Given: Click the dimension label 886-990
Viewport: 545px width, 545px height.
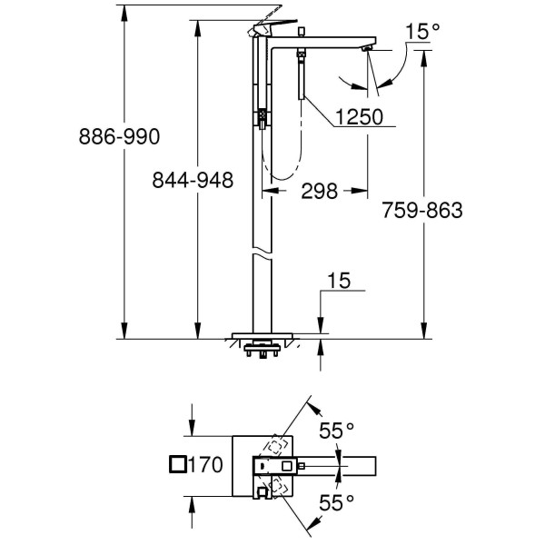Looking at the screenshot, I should pyautogui.click(x=120, y=136).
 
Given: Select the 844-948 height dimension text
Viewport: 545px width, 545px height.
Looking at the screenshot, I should pyautogui.click(x=193, y=181).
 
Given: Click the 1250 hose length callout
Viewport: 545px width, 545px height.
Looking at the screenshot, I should pyautogui.click(x=352, y=118).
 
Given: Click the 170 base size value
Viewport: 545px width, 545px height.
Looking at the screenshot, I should pyautogui.click(x=207, y=465).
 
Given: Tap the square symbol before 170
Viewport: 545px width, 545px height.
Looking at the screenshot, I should pyautogui.click(x=179, y=465).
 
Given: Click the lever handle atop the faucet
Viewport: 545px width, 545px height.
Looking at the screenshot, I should pyautogui.click(x=272, y=25).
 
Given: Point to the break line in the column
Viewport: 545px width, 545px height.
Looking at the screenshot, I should pyautogui.click(x=262, y=252).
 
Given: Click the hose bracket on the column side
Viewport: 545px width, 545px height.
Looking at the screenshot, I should pyautogui.click(x=261, y=115).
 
